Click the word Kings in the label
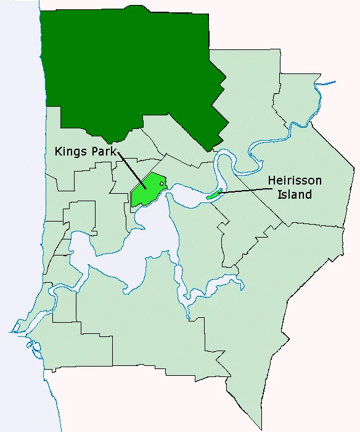68,151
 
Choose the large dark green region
129,68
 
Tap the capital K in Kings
58,151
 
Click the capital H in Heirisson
272,181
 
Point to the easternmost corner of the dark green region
226,78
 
